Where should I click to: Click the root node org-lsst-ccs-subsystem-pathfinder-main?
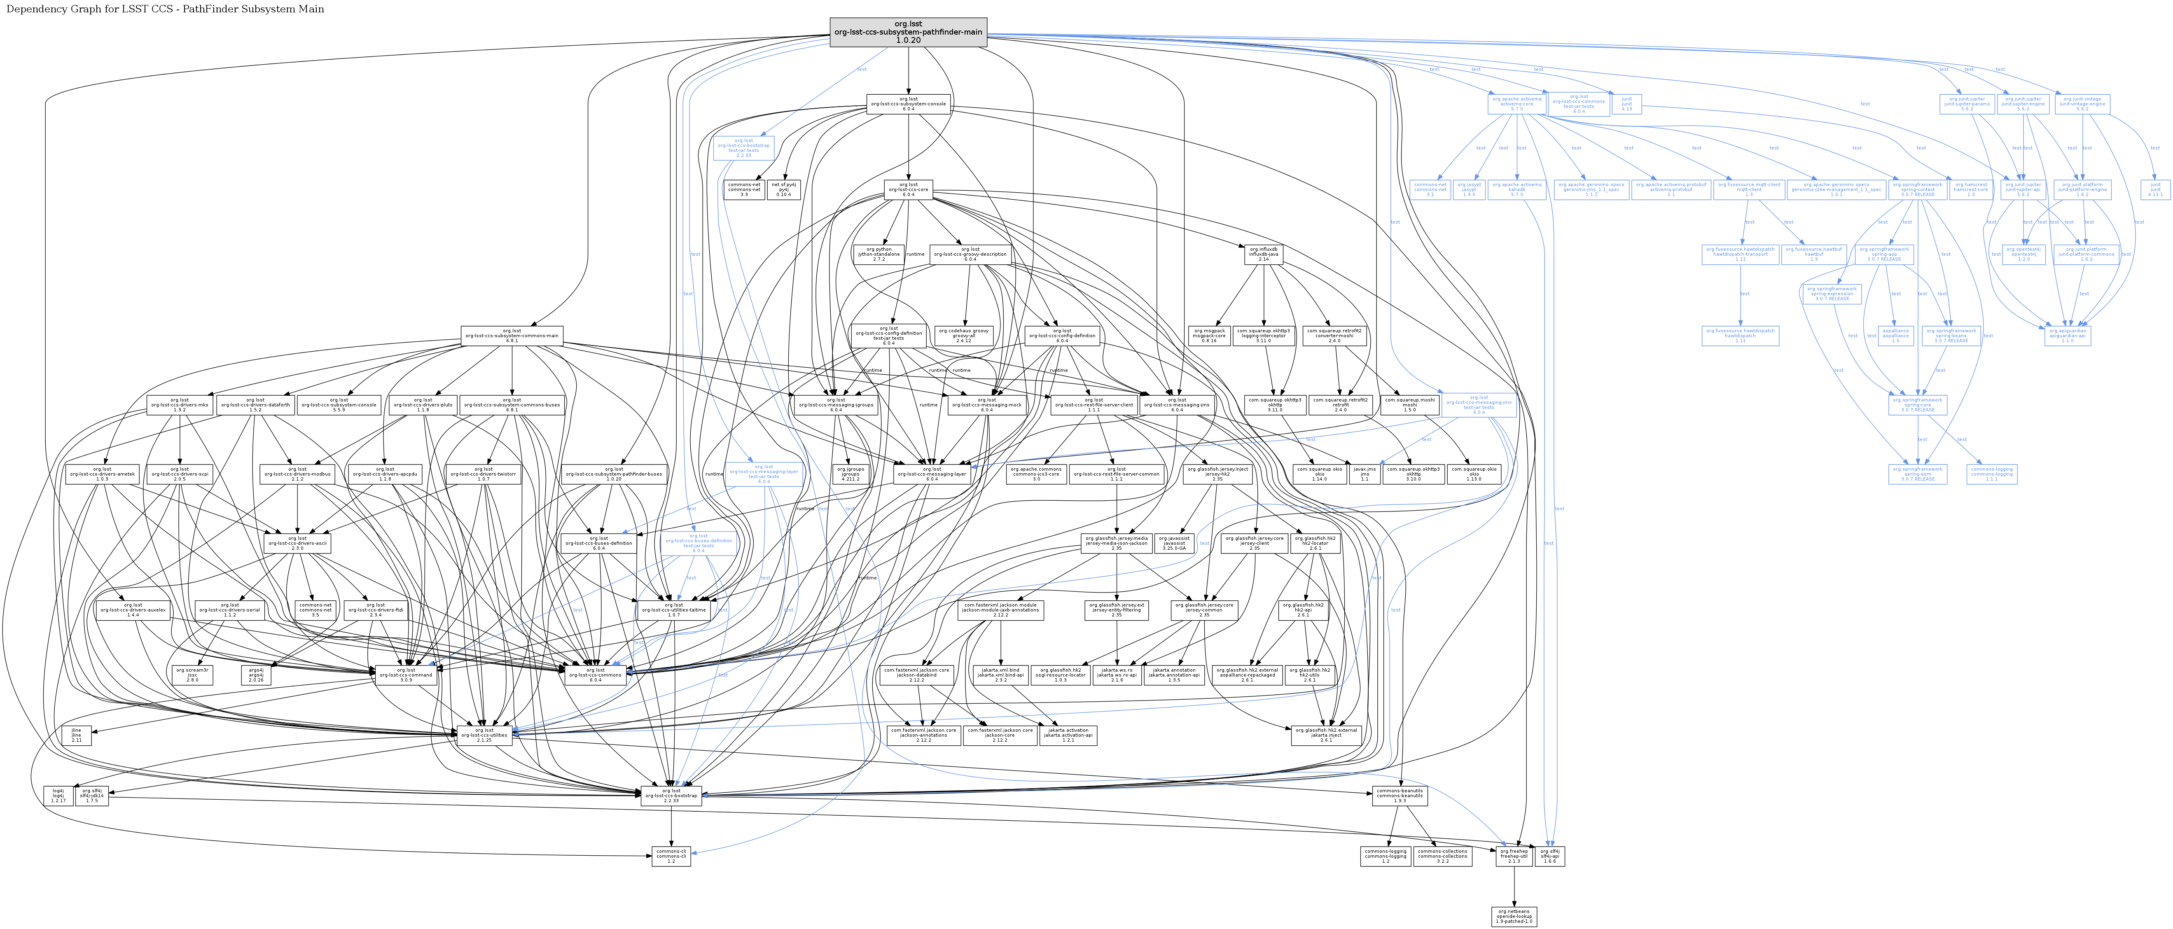(908, 32)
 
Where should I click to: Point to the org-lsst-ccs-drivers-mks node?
(179, 404)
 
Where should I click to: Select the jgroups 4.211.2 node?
(851, 474)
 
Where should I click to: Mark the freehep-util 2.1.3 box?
(1514, 856)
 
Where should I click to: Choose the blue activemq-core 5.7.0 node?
(1516, 104)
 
